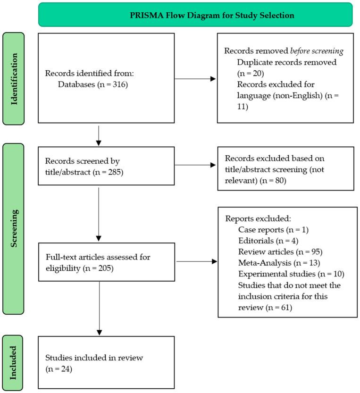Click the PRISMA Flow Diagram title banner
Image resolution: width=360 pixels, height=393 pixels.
coord(195,15)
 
